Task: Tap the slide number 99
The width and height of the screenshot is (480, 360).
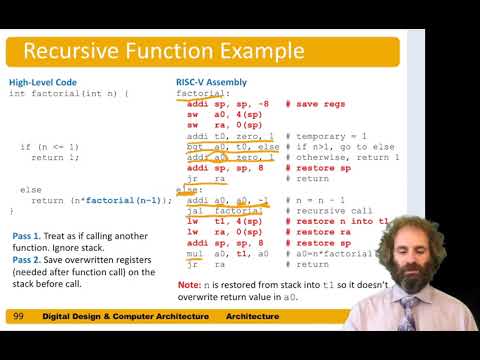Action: click(18, 316)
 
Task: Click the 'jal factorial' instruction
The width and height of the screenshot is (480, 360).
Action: click(218, 212)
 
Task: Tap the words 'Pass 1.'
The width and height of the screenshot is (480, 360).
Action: click(27, 235)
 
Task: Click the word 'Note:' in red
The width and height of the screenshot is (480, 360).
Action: click(188, 285)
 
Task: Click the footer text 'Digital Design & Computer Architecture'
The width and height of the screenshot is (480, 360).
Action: click(125, 316)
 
